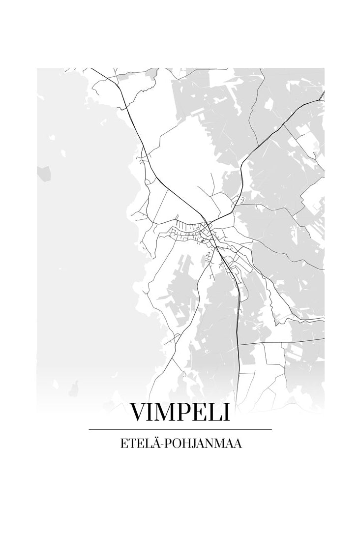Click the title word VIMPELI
[x=180, y=412]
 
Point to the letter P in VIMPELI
[x=184, y=412]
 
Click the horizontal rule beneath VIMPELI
[x=180, y=429]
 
